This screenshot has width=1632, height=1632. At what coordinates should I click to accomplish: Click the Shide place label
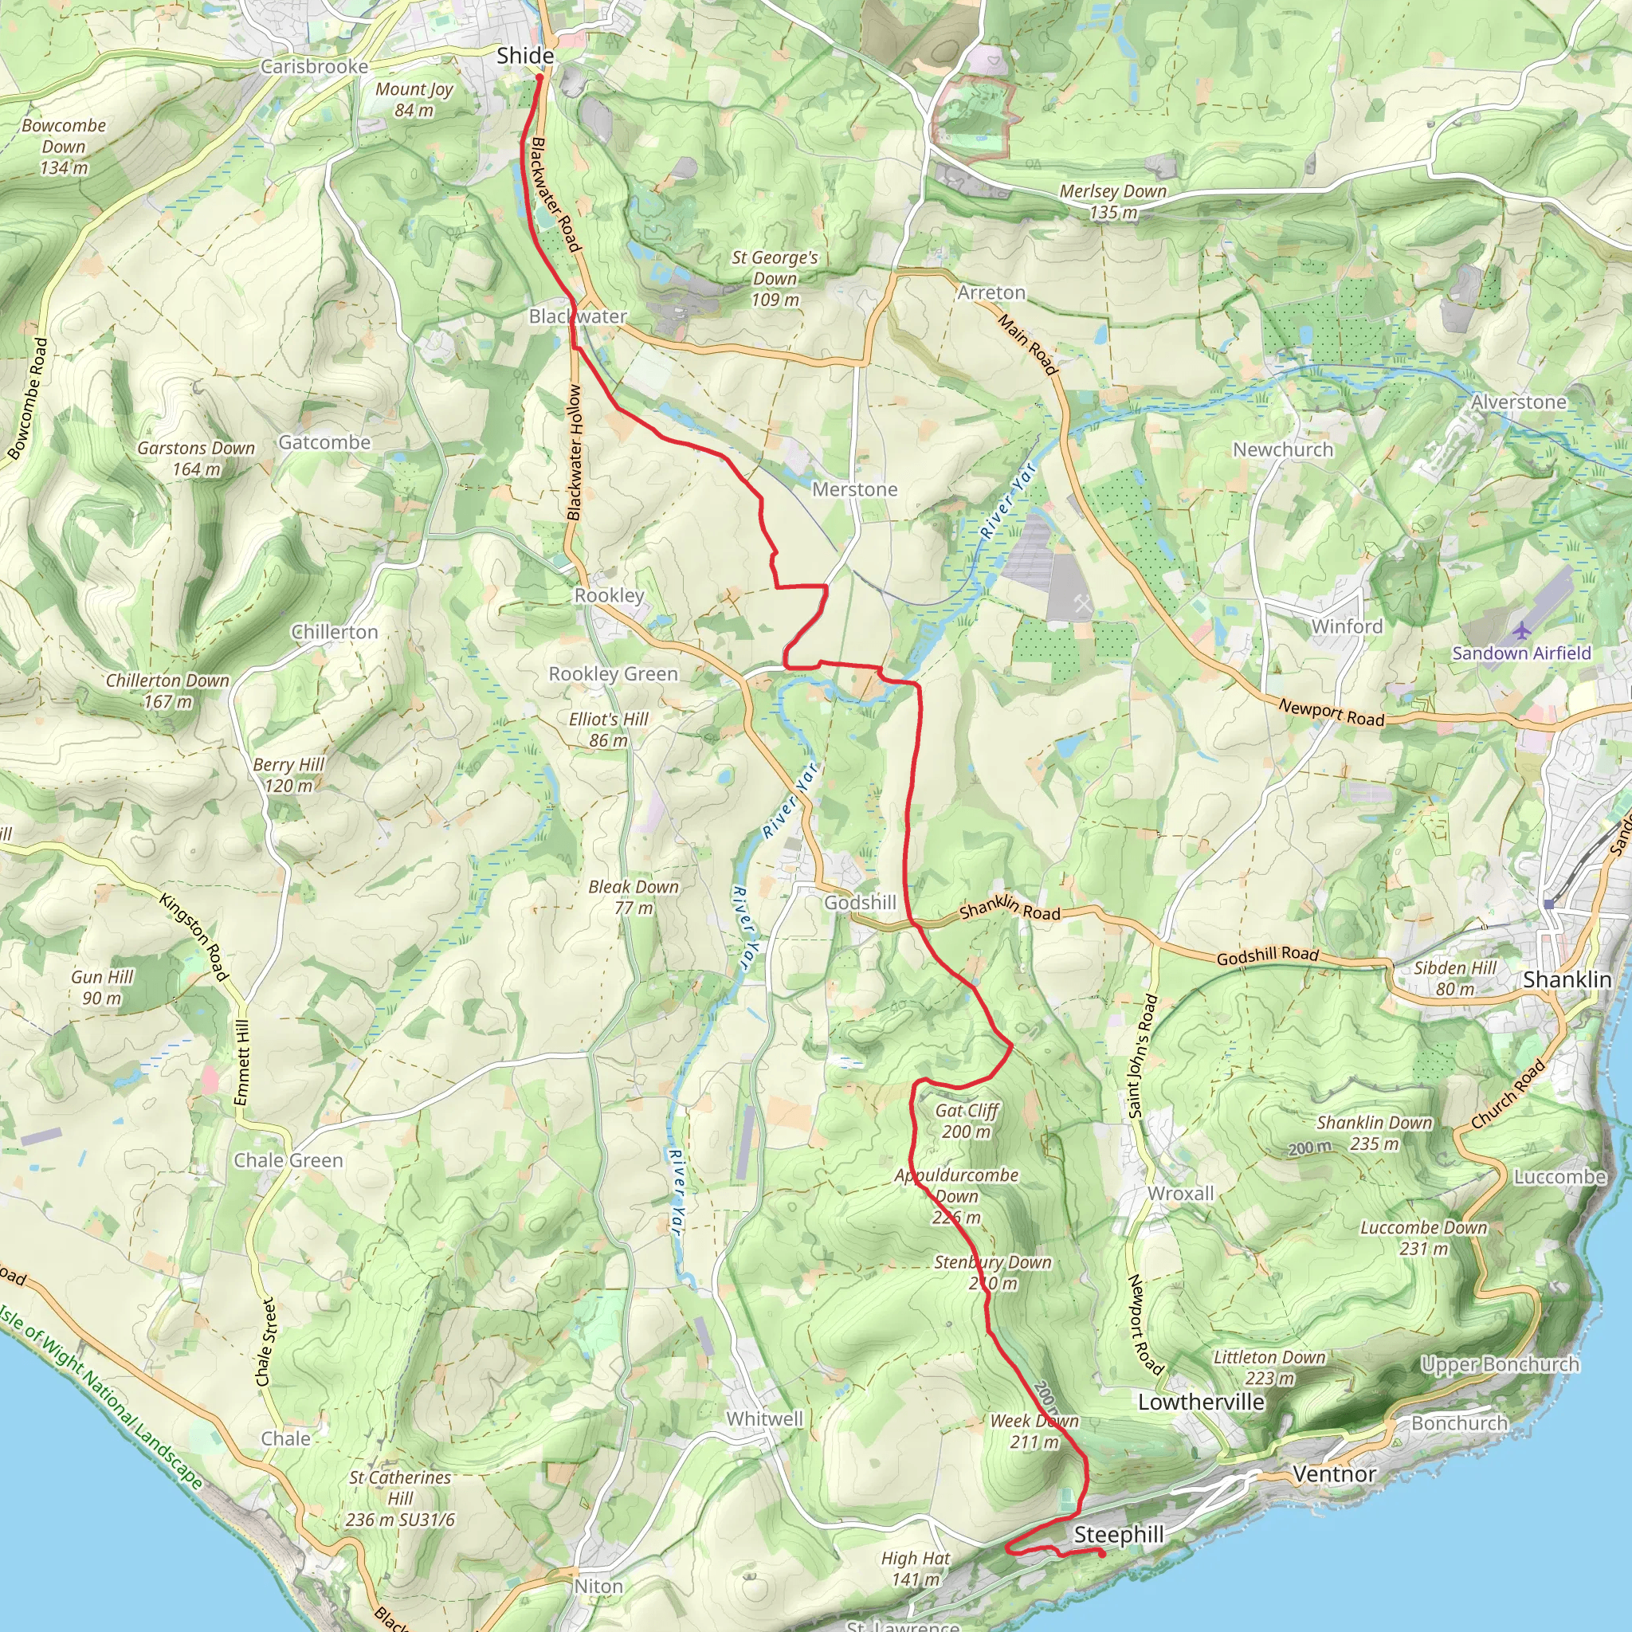click(524, 56)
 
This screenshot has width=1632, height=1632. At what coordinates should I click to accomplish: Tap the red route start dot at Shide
click(539, 78)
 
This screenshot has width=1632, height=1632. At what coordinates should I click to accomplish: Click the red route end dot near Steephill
click(1101, 1552)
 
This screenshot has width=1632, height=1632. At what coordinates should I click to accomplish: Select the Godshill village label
click(860, 903)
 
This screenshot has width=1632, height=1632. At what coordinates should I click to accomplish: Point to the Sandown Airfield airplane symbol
click(1520, 630)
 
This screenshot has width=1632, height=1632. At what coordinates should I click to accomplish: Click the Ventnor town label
click(1334, 1474)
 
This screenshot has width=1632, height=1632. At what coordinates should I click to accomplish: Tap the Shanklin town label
click(1567, 980)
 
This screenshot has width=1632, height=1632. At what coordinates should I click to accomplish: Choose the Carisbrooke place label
click(314, 67)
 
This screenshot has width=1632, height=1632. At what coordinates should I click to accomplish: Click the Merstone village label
click(854, 490)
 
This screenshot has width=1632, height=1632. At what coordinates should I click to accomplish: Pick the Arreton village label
click(991, 293)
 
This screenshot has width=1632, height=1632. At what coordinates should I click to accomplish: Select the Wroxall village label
click(1180, 1194)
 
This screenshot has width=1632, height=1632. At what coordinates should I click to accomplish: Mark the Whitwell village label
click(764, 1419)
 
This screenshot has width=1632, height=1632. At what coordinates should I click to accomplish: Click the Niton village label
click(598, 1587)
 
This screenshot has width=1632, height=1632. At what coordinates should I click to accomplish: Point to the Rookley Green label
click(614, 674)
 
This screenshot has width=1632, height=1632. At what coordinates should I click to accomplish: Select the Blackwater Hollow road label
click(575, 453)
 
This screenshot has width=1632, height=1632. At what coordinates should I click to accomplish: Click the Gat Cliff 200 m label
click(967, 1121)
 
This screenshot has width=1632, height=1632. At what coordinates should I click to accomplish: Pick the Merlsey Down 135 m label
click(1112, 202)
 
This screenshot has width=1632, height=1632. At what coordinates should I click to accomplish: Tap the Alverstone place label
click(1518, 402)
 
